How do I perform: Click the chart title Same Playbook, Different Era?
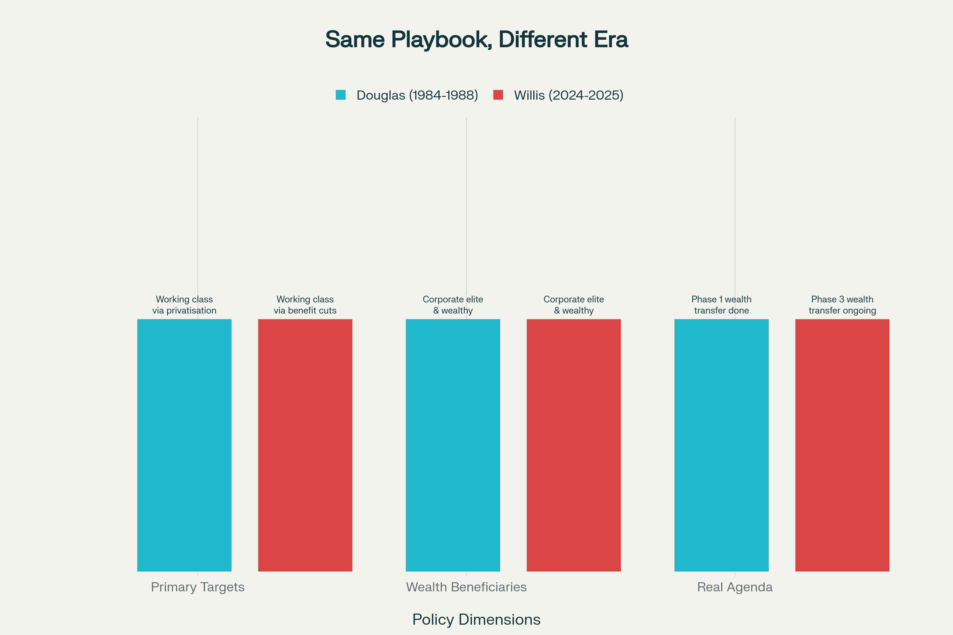(x=476, y=40)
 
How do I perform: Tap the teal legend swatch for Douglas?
(x=340, y=95)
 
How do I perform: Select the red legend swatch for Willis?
(x=498, y=95)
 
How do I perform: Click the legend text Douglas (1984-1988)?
(x=417, y=95)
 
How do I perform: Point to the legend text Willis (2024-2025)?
(x=569, y=95)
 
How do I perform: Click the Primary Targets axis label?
(x=198, y=587)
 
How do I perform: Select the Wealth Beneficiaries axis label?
(x=466, y=587)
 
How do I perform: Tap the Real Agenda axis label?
(x=735, y=587)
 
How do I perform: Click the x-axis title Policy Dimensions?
(x=476, y=620)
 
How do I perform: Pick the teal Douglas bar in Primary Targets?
(x=184, y=445)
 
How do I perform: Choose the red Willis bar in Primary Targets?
(x=305, y=445)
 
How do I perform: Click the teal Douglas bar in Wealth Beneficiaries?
(x=453, y=445)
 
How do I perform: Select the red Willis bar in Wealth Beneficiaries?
(x=574, y=445)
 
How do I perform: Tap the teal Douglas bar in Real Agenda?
(x=721, y=445)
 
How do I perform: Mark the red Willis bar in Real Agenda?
(x=842, y=445)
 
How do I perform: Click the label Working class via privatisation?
(x=184, y=305)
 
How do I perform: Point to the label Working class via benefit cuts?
(x=305, y=305)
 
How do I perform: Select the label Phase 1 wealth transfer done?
(x=721, y=305)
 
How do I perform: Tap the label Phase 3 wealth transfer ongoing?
(x=842, y=305)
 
